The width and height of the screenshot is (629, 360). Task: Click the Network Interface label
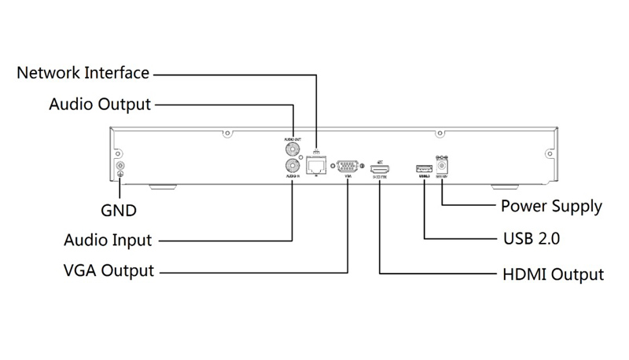click(83, 73)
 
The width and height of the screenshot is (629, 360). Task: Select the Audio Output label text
click(99, 104)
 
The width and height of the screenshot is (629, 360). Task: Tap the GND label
click(120, 211)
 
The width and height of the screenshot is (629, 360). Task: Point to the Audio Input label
click(107, 240)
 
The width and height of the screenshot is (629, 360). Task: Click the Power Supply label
click(551, 207)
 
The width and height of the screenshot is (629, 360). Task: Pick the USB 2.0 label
click(531, 237)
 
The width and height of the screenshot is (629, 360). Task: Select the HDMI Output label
click(553, 274)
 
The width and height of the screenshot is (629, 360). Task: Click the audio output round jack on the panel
click(292, 149)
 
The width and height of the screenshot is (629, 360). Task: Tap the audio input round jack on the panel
click(292, 166)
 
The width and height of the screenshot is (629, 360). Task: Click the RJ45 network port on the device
click(316, 165)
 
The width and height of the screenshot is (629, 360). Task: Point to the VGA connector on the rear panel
click(348, 166)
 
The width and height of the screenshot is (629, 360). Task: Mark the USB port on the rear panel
click(424, 167)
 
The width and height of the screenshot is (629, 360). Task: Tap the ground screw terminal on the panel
click(120, 167)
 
